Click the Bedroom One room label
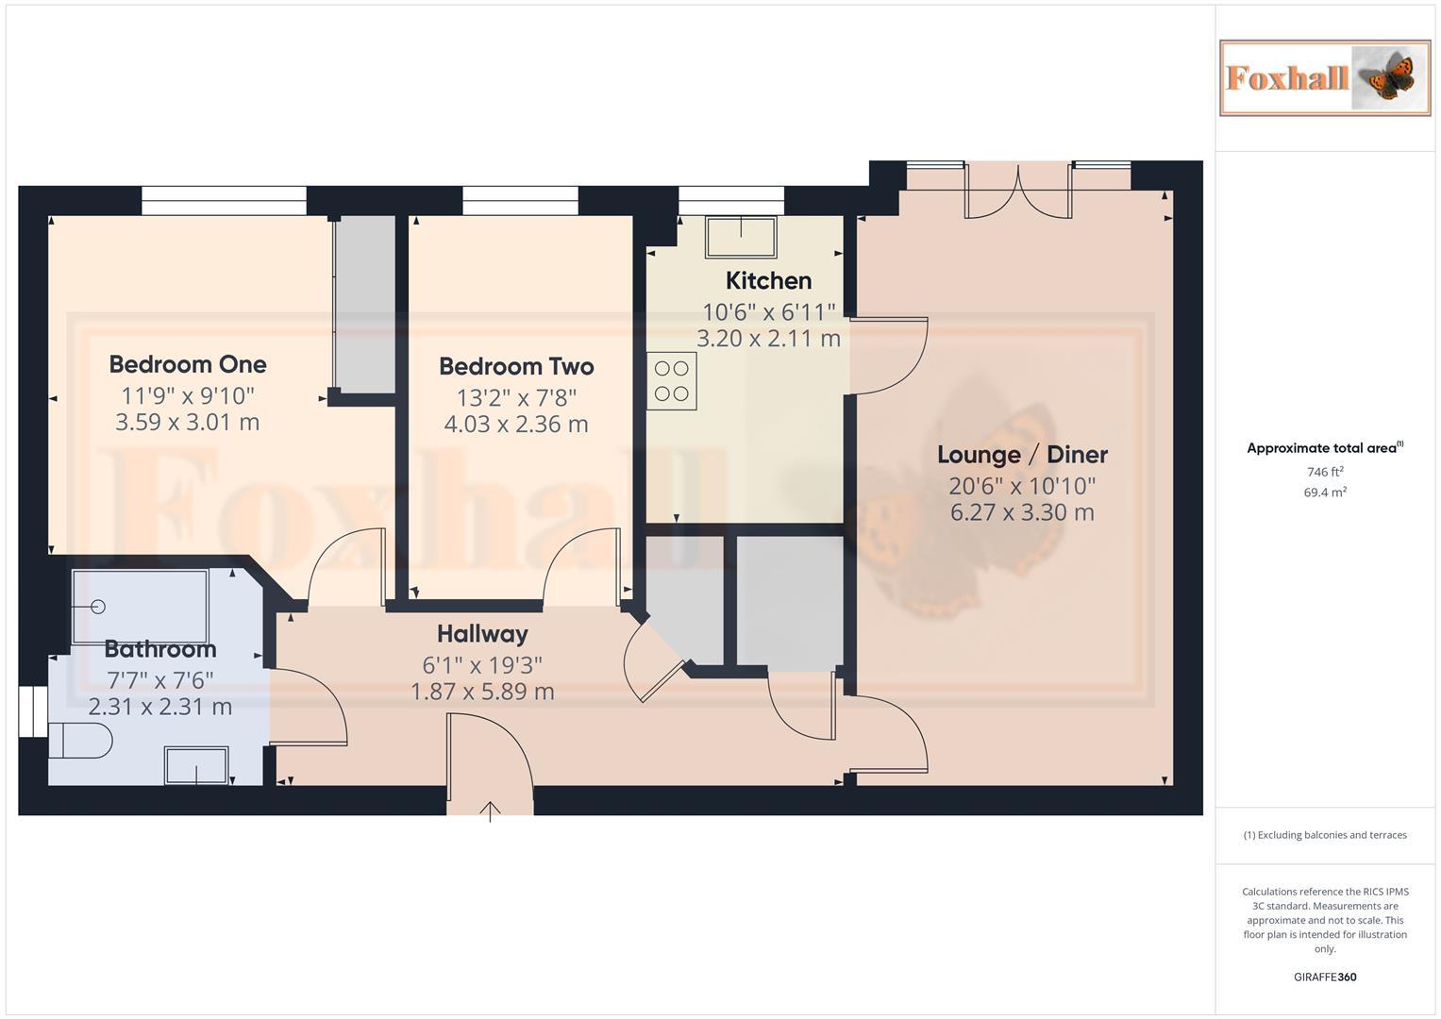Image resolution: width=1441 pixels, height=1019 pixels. (x=188, y=364)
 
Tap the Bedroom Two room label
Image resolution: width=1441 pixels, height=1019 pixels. (x=516, y=366)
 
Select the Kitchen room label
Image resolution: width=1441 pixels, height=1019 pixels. (x=768, y=280)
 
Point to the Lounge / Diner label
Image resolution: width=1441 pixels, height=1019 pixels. (x=1022, y=455)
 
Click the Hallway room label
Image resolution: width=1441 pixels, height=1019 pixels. (x=482, y=634)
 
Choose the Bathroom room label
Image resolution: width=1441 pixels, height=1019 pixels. (x=160, y=649)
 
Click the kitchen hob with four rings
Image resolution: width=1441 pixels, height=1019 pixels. (x=672, y=381)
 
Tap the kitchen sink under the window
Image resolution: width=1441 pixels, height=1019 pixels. (x=741, y=237)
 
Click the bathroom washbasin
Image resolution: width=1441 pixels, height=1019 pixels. (x=196, y=765)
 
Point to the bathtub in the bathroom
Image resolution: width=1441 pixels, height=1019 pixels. (x=140, y=606)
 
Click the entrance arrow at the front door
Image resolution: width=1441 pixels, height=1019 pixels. (x=490, y=810)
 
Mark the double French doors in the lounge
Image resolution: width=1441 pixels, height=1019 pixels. (x=1018, y=192)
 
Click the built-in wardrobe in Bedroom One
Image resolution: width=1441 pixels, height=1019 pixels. (x=364, y=304)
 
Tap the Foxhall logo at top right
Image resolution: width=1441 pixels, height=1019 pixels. (x=1324, y=77)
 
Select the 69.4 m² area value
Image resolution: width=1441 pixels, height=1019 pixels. (x=1324, y=493)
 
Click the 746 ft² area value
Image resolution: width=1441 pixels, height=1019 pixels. (x=1324, y=472)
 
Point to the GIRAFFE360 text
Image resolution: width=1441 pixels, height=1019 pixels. (x=1324, y=977)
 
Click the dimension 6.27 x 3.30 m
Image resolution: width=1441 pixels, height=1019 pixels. (x=1022, y=513)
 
